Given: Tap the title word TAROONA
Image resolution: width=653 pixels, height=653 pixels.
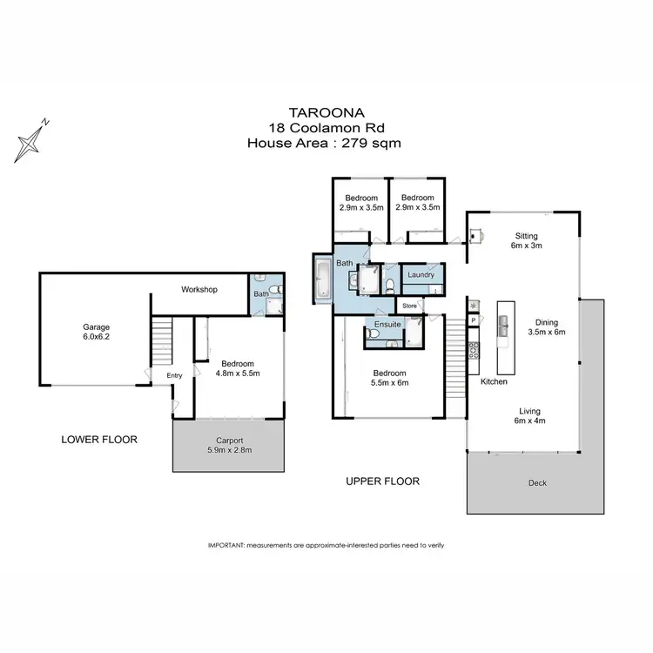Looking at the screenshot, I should pyautogui.click(x=326, y=111).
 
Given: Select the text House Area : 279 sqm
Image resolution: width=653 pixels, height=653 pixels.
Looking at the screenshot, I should pyautogui.click(x=326, y=143).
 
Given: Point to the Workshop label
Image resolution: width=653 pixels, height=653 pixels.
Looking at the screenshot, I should pyautogui.click(x=199, y=290).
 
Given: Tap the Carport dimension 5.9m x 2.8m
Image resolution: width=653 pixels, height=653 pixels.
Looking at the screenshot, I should pyautogui.click(x=230, y=451).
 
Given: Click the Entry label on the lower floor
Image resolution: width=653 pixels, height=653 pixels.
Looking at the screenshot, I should pyautogui.click(x=175, y=375).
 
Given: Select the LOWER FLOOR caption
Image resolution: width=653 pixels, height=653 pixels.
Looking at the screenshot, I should pyautogui.click(x=99, y=439).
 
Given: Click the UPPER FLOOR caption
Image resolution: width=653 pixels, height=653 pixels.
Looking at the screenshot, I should pyautogui.click(x=383, y=481).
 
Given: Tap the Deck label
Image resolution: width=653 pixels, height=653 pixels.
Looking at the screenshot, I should pyautogui.click(x=537, y=483).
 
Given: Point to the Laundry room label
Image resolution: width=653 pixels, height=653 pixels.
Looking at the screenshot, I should pyautogui.click(x=421, y=275).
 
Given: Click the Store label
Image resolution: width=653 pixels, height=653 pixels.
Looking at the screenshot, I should pyautogui.click(x=409, y=306).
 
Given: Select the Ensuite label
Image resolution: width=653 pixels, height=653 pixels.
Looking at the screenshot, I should pyautogui.click(x=387, y=325).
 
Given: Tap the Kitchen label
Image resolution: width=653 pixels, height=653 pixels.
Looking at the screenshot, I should pyautogui.click(x=494, y=381).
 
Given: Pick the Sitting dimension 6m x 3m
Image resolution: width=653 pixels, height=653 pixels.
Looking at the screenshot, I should pyautogui.click(x=526, y=246).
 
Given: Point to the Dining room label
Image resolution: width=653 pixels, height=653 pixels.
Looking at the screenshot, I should pyautogui.click(x=547, y=321).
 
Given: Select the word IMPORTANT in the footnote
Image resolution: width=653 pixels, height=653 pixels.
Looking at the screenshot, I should pyautogui.click(x=226, y=545).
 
